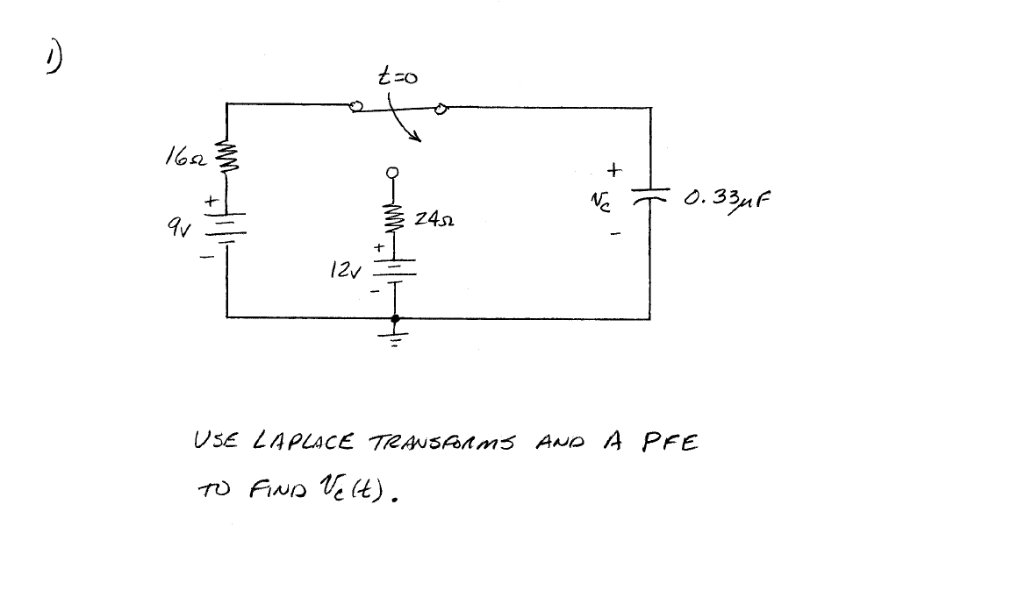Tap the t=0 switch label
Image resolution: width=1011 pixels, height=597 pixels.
(x=397, y=78)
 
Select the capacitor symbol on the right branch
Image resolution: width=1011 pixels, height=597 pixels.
(x=650, y=195)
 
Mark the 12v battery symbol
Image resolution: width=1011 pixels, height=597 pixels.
(x=396, y=267)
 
